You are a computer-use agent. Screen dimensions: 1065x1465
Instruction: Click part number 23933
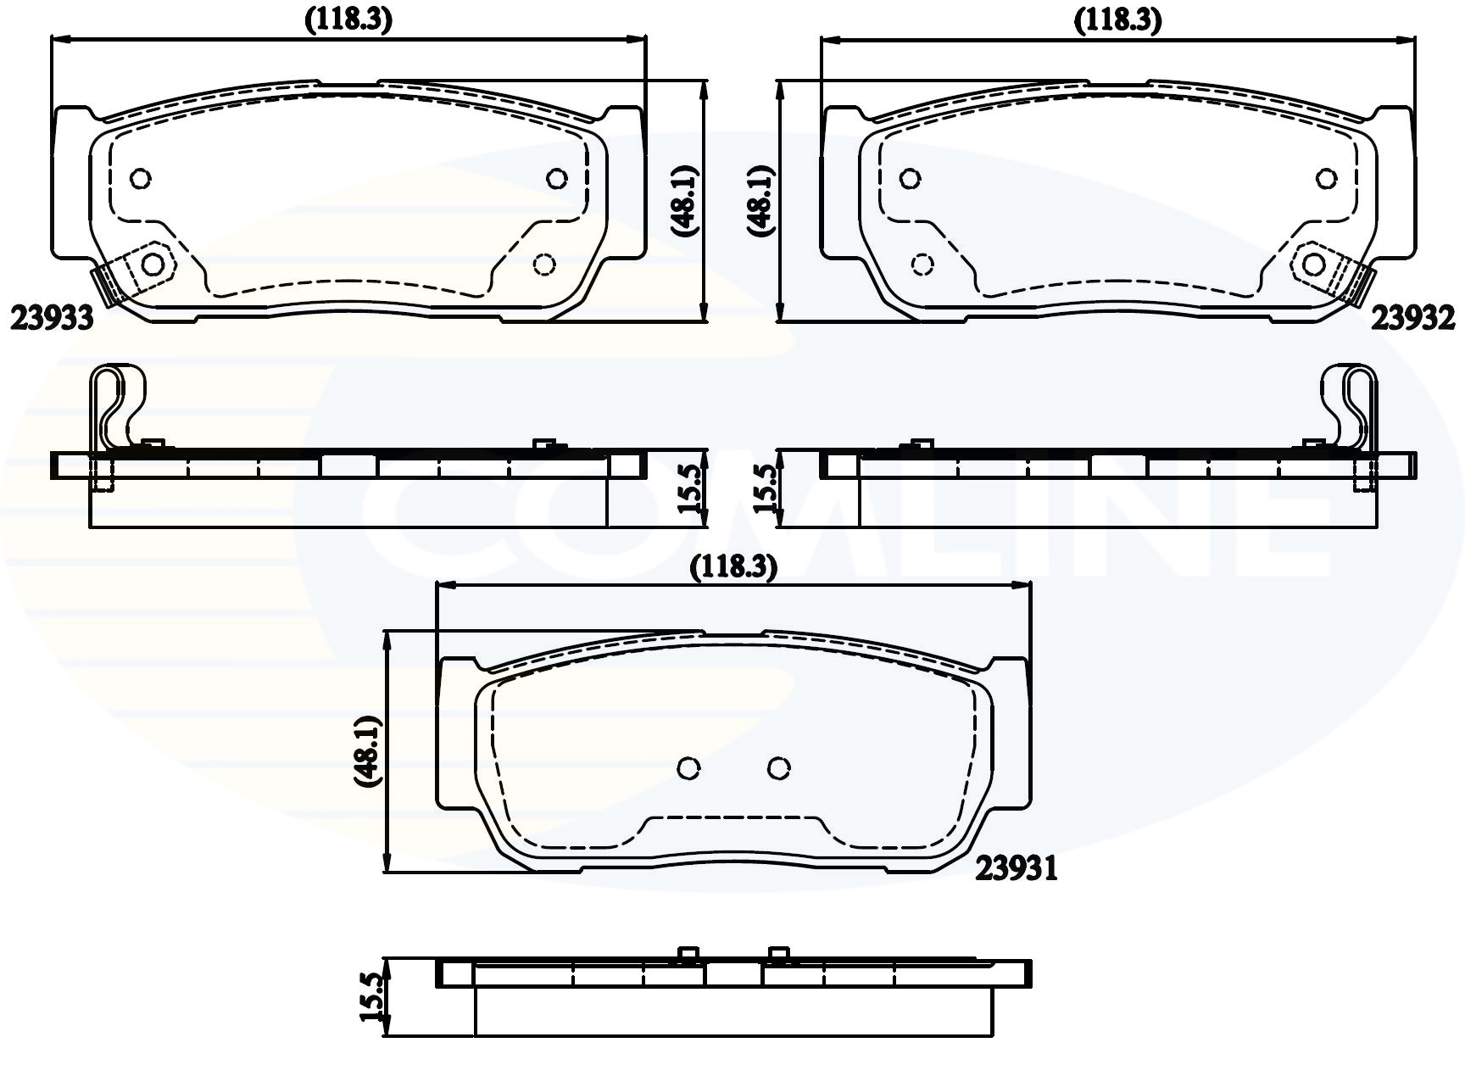[51, 318]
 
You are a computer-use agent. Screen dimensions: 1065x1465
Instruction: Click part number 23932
[1413, 318]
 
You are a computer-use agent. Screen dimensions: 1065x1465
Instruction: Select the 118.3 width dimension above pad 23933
[348, 21]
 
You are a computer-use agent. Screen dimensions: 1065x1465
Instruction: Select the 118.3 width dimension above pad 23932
[1117, 21]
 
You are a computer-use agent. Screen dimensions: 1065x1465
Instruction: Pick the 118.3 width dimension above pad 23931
[733, 566]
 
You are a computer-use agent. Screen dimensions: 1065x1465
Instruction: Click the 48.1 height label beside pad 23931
[370, 751]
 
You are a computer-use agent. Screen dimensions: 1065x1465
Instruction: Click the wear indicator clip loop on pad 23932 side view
[1349, 403]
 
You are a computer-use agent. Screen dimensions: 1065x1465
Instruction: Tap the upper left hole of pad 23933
[141, 179]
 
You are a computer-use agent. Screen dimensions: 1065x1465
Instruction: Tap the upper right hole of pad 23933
[556, 178]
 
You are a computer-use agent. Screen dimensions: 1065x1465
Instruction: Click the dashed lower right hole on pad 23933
[544, 265]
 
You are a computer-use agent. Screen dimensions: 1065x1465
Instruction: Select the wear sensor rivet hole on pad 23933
[153, 264]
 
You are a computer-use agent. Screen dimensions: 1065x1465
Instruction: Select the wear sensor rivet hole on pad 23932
[1313, 265]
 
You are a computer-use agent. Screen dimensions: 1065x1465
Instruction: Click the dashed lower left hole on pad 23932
[922, 264]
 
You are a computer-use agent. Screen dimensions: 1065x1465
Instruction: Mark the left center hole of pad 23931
[690, 768]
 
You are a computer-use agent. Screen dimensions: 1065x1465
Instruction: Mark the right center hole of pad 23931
[779, 768]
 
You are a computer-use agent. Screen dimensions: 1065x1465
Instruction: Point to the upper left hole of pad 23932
[910, 179]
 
